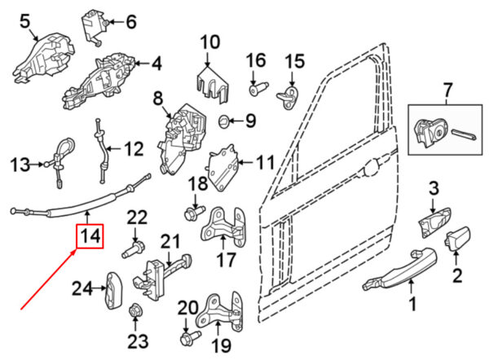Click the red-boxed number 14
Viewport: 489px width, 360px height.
[x=90, y=237]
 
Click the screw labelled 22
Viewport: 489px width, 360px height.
[x=133, y=245]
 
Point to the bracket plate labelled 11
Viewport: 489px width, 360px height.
[x=223, y=166]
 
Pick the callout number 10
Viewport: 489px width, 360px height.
[x=209, y=41]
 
